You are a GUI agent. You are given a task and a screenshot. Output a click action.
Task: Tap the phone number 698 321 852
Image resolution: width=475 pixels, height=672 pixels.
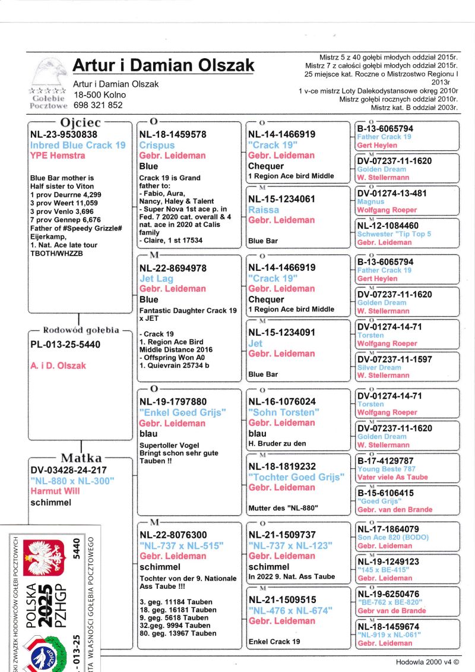click(98, 105)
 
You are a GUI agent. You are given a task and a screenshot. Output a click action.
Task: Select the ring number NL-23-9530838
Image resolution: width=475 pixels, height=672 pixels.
click(68, 135)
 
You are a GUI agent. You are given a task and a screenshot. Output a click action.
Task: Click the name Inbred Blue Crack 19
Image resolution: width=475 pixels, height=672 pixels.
click(78, 145)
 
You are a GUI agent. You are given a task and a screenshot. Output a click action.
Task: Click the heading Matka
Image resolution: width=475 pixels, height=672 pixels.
click(81, 458)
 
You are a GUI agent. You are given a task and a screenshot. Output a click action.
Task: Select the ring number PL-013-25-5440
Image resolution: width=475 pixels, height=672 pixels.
click(65, 345)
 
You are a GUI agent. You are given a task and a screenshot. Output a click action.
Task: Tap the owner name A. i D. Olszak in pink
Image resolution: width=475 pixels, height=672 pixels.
click(58, 365)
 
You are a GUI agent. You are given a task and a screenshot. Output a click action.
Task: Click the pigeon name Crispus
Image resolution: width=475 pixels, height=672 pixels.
click(157, 145)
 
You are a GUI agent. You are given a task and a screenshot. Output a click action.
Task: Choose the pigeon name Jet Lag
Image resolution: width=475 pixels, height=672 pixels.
click(156, 278)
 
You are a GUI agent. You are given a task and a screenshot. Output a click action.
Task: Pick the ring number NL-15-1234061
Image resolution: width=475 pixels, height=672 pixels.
click(281, 200)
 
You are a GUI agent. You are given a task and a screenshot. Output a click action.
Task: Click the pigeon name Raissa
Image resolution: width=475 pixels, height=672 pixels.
click(263, 210)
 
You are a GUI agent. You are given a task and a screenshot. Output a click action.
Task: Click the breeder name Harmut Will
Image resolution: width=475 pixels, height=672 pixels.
click(55, 491)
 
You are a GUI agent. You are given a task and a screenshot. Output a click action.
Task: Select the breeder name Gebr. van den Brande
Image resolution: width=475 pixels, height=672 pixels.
click(395, 510)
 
